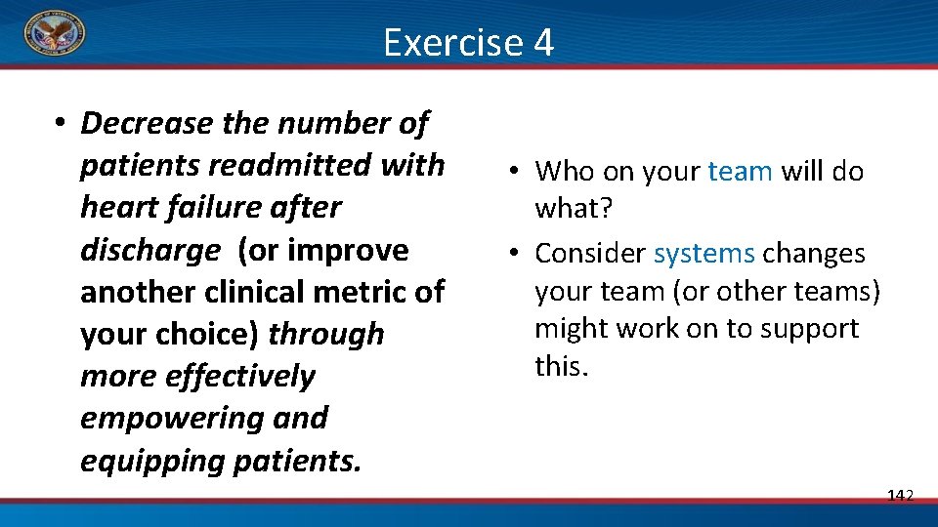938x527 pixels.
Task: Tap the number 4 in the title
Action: click(x=543, y=43)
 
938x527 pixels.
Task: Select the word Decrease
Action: click(x=147, y=124)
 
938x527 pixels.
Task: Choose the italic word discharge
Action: click(x=149, y=251)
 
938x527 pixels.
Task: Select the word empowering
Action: click(x=166, y=419)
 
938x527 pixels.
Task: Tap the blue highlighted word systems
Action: click(x=703, y=254)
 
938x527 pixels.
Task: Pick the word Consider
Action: click(x=590, y=254)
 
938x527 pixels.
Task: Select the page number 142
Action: click(x=900, y=496)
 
